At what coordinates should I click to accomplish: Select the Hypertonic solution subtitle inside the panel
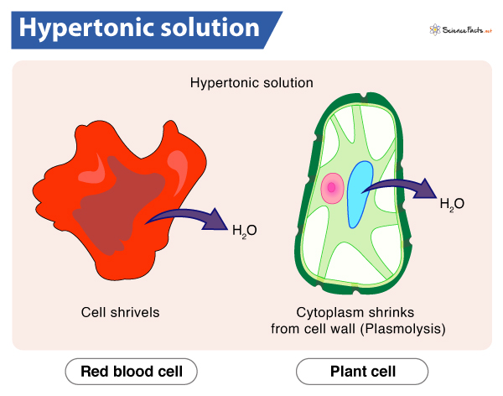251,83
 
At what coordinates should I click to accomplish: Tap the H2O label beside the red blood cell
244,230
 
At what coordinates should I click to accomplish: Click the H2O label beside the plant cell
452,203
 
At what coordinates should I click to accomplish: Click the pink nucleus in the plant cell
332,189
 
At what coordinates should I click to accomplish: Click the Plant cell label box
361,370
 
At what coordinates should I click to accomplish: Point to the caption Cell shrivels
120,312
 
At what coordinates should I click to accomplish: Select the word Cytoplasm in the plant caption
324,312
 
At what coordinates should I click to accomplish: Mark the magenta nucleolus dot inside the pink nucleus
332,189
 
